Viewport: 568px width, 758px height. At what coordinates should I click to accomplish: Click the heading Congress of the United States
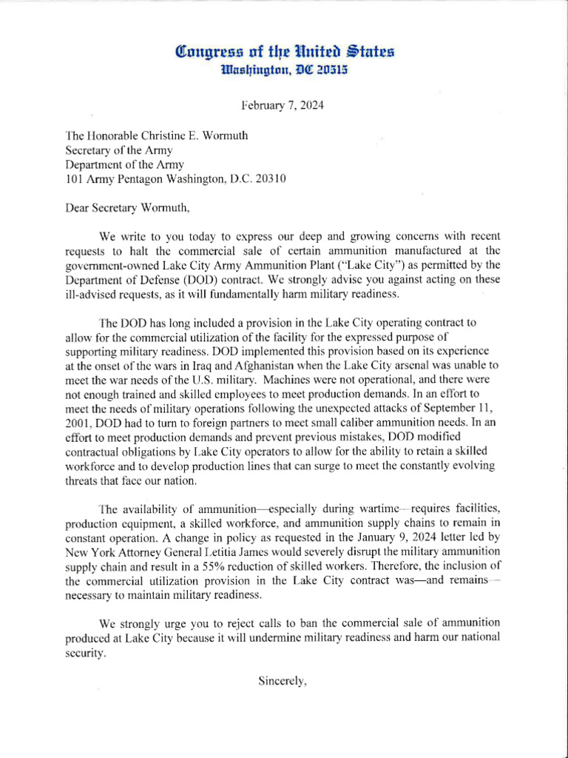pos(283,52)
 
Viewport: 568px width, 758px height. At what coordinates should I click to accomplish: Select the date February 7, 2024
pos(283,105)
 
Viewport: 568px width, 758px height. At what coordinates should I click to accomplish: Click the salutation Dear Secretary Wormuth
pos(128,207)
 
